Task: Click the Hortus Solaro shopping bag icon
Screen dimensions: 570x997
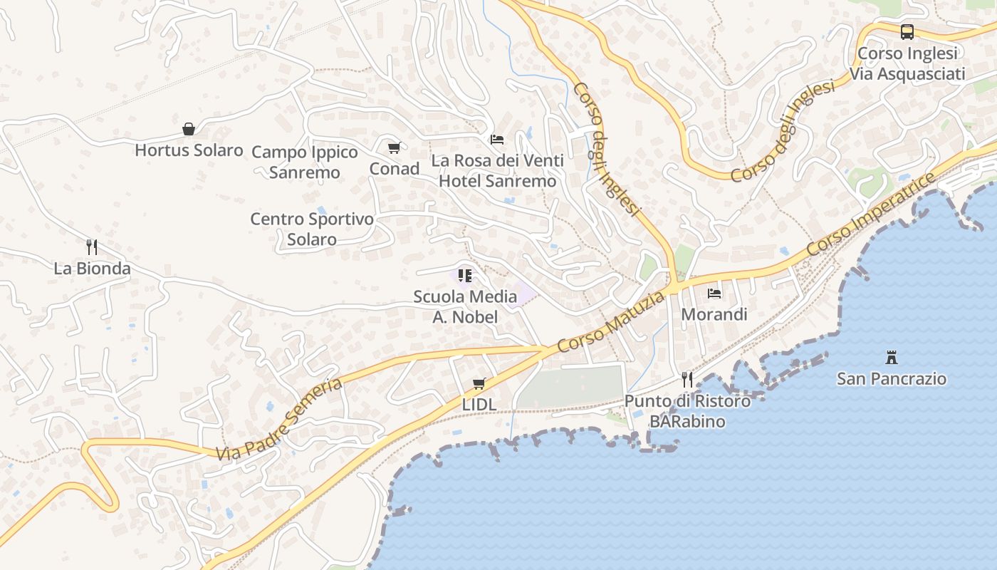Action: (189, 129)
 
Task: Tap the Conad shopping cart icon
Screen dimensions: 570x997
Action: (394, 147)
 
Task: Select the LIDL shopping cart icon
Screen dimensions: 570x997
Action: (479, 384)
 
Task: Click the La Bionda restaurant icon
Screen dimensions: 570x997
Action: (92, 247)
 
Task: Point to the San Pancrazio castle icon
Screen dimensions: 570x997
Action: (891, 357)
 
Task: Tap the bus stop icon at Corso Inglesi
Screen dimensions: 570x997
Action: (907, 32)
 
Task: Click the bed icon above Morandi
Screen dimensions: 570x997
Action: (714, 293)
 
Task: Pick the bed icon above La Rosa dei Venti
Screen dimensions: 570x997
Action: (497, 139)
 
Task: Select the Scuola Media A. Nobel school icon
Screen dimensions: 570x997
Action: (465, 275)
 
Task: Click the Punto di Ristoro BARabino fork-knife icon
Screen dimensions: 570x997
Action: (687, 379)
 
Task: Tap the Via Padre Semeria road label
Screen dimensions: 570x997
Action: (280, 420)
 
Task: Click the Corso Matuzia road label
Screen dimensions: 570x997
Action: (612, 322)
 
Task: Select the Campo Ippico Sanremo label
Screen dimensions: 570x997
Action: (305, 162)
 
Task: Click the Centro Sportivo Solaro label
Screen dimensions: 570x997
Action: (312, 229)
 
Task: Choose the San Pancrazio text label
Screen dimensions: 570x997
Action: (892, 378)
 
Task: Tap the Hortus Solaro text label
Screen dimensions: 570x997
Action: (189, 150)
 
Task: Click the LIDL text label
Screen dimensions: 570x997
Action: (479, 404)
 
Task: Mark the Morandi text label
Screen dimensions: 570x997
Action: (714, 314)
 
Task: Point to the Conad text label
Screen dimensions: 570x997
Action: (394, 169)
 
